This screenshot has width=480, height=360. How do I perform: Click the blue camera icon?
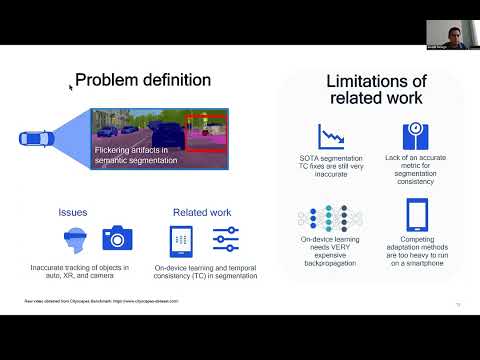click(x=117, y=238)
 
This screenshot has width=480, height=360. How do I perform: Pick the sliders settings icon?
click(x=225, y=239)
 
